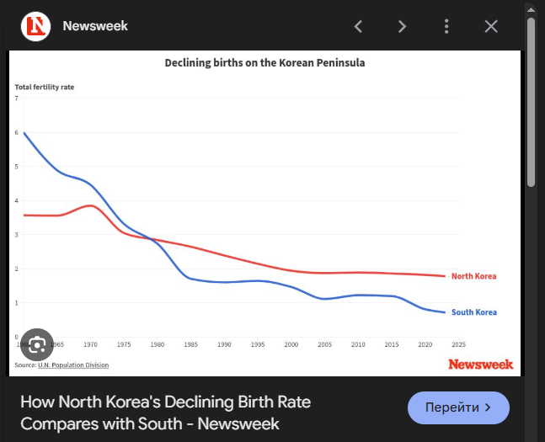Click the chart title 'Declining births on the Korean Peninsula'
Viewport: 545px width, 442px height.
pos(264,63)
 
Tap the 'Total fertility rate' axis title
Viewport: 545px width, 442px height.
pos(44,87)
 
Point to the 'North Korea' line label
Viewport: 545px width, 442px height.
pos(473,276)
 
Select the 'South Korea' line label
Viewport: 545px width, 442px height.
pos(473,312)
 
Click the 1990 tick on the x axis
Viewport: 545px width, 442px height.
pos(224,344)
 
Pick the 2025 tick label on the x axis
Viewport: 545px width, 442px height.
pos(458,344)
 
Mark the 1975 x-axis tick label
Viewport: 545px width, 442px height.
pos(124,344)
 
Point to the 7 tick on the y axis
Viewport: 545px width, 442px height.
pos(17,99)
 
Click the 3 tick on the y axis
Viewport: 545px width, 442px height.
pos(17,235)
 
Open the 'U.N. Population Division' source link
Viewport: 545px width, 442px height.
pos(73,365)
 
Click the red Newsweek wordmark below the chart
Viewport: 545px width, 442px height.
pos(480,364)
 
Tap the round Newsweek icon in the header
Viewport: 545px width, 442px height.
pos(35,26)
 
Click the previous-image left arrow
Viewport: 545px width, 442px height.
pos(358,26)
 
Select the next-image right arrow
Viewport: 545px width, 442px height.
pos(403,26)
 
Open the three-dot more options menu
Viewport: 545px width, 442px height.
pos(446,26)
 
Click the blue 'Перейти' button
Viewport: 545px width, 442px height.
pos(458,407)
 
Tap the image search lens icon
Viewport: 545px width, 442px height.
pos(37,344)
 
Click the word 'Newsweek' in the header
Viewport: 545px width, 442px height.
pos(95,26)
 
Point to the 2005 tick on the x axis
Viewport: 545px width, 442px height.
pos(324,344)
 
